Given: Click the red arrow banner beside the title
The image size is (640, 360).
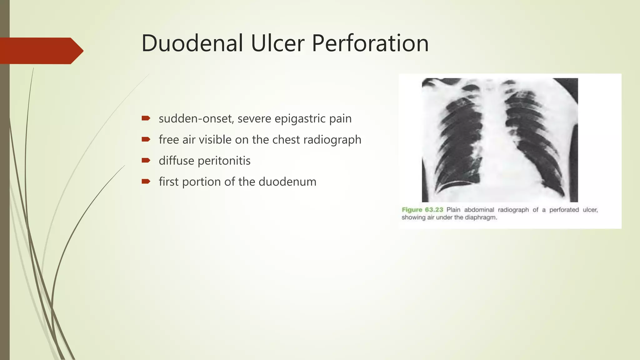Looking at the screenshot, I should pos(41,51).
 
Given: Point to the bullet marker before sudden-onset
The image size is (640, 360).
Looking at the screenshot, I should pos(146,118).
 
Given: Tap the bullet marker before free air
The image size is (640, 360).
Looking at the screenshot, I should pos(146,139).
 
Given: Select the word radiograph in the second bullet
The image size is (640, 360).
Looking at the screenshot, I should pos(332,140).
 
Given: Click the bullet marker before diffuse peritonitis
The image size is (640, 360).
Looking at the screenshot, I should pos(146,160).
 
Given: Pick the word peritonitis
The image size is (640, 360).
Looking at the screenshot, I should pos(224,161).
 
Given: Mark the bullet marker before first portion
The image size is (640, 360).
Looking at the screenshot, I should pos(146,181).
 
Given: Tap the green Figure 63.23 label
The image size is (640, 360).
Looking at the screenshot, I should pos(422,210).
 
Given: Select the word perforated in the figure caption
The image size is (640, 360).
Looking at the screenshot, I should pos(564,210).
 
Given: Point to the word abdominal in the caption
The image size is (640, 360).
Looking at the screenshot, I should pos(479,210).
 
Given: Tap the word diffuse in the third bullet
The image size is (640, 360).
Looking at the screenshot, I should pos(176,161).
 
